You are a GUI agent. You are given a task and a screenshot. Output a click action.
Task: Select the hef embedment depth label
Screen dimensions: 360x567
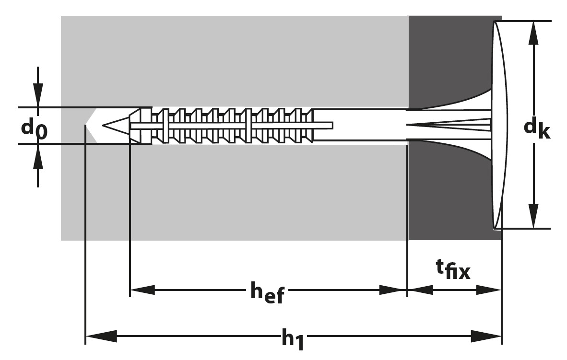click(267, 293)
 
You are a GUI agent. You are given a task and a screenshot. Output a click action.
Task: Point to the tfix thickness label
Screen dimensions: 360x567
click(453, 272)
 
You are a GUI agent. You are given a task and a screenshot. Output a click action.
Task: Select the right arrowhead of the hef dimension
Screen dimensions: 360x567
click(393, 290)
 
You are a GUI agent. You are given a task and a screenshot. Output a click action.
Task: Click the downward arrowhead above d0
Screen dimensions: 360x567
click(38, 95)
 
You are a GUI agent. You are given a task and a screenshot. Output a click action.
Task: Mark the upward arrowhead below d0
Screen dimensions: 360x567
click(38, 156)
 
